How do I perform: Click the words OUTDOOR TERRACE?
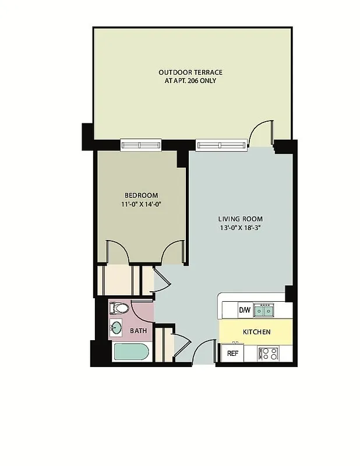190,72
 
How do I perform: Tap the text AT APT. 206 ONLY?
190,80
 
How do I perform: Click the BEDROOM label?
141,195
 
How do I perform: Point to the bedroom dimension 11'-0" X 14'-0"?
141,204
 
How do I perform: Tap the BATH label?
138,331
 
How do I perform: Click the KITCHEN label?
256,332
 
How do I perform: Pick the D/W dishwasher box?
245,310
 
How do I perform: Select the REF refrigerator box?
232,353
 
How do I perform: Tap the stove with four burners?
269,353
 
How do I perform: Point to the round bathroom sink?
117,328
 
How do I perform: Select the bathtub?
131,352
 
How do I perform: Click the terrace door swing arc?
260,130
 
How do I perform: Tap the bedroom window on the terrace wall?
140,144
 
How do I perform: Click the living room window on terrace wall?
221,144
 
